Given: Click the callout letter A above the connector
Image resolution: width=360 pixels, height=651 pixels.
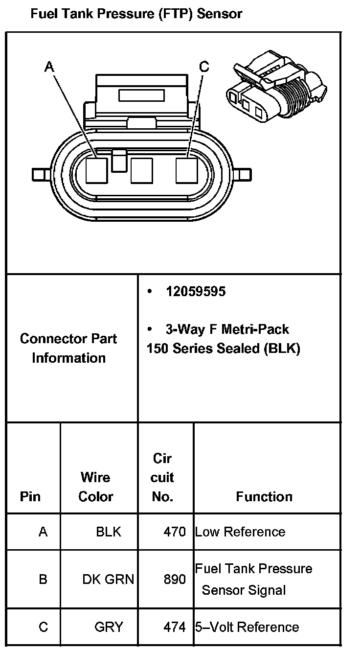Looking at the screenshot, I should pos(49,66).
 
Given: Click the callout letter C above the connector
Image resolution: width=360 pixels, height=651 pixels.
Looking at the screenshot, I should pos(204,66).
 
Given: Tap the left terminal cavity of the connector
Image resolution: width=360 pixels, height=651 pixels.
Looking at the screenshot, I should pos(96,170).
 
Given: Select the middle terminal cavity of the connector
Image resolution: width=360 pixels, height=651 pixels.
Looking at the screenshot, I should pos(142,170).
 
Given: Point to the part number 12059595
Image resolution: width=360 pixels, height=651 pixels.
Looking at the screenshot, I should pos(196,292).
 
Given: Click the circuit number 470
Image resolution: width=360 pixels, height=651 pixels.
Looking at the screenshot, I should pos(175,532).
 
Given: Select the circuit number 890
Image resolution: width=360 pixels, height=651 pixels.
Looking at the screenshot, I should pos(175,579).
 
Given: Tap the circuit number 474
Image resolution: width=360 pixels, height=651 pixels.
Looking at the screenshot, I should pos(175,627).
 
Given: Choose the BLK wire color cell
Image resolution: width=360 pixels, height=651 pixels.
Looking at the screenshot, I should pos(109,532).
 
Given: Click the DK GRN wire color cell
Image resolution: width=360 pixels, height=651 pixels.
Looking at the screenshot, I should pos(108,579).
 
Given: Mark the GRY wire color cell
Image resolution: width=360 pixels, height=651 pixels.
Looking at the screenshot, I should pos(109,627).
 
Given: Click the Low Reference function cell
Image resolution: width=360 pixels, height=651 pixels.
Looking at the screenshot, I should pos(240,532).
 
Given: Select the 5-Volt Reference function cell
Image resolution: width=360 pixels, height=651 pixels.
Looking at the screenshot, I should pos(247,627).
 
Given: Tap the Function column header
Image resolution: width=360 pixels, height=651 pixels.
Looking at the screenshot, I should pos(264,497).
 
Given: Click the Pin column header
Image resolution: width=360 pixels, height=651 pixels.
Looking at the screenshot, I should pos(30,497).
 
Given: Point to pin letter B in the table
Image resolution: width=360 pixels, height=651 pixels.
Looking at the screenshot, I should pos(43,579).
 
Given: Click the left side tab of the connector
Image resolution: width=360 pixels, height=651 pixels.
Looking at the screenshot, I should pos(38,174).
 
